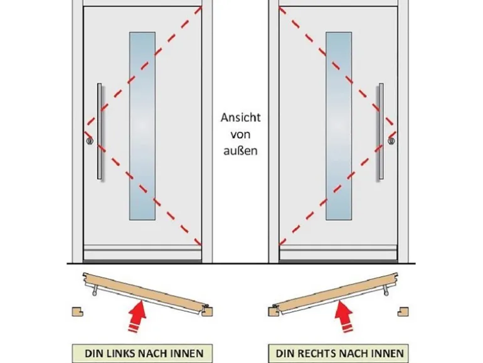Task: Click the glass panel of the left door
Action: [x=142, y=126]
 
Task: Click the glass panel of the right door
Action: [x=339, y=126]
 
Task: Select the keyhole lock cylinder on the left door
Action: [x=90, y=142]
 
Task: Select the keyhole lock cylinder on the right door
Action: [x=391, y=142]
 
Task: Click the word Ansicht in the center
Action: [x=240, y=117]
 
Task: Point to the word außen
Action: [x=240, y=151]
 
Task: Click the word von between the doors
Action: [x=240, y=134]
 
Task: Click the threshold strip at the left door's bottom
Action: [x=142, y=253]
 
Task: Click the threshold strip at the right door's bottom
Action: [x=339, y=253]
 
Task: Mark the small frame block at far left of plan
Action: [x=78, y=310]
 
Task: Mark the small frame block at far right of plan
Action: [x=403, y=310]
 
